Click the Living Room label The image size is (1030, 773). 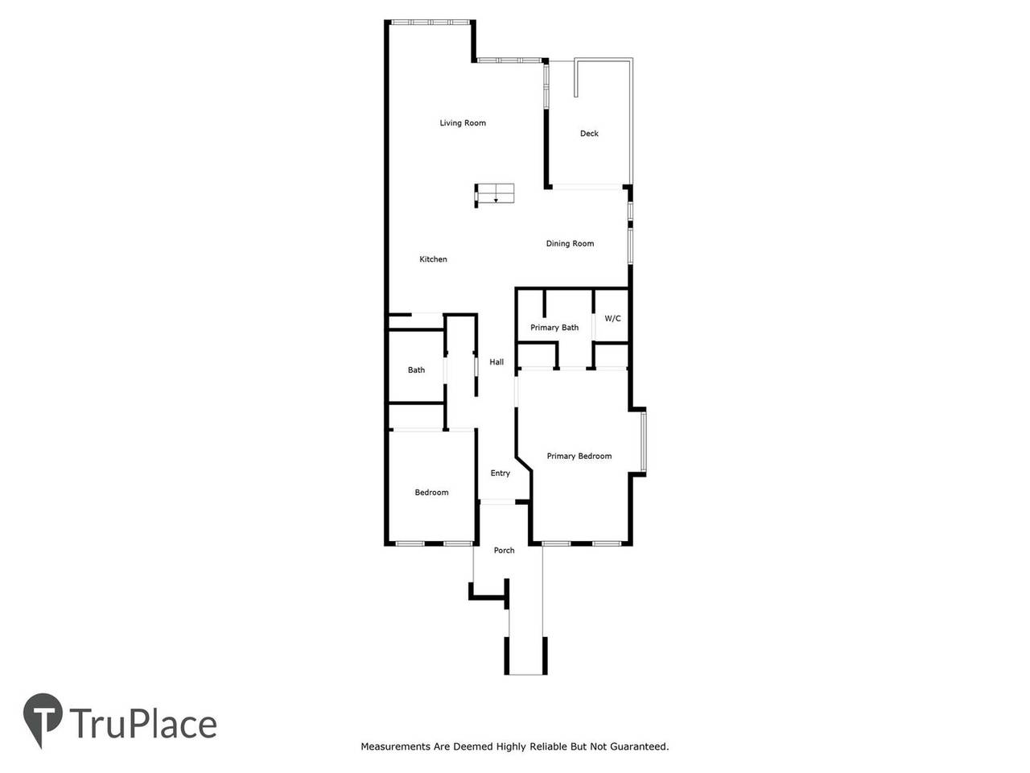point(462,123)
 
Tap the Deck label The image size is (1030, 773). point(589,134)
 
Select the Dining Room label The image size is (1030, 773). point(570,244)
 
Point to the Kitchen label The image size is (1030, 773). point(433,259)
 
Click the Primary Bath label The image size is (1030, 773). point(554,328)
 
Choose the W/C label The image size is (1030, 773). point(612,319)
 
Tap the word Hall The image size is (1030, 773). point(496,362)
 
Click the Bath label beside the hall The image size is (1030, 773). point(416,370)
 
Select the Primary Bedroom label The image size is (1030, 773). point(579,457)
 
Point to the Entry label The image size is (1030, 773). point(500,473)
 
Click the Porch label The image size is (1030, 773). point(504,550)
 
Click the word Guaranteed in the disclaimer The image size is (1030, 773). point(639,746)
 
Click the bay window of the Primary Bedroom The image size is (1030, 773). point(643,441)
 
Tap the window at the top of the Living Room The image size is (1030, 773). point(431,22)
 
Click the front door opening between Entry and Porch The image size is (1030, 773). point(497,502)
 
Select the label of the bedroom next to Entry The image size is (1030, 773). point(431,492)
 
